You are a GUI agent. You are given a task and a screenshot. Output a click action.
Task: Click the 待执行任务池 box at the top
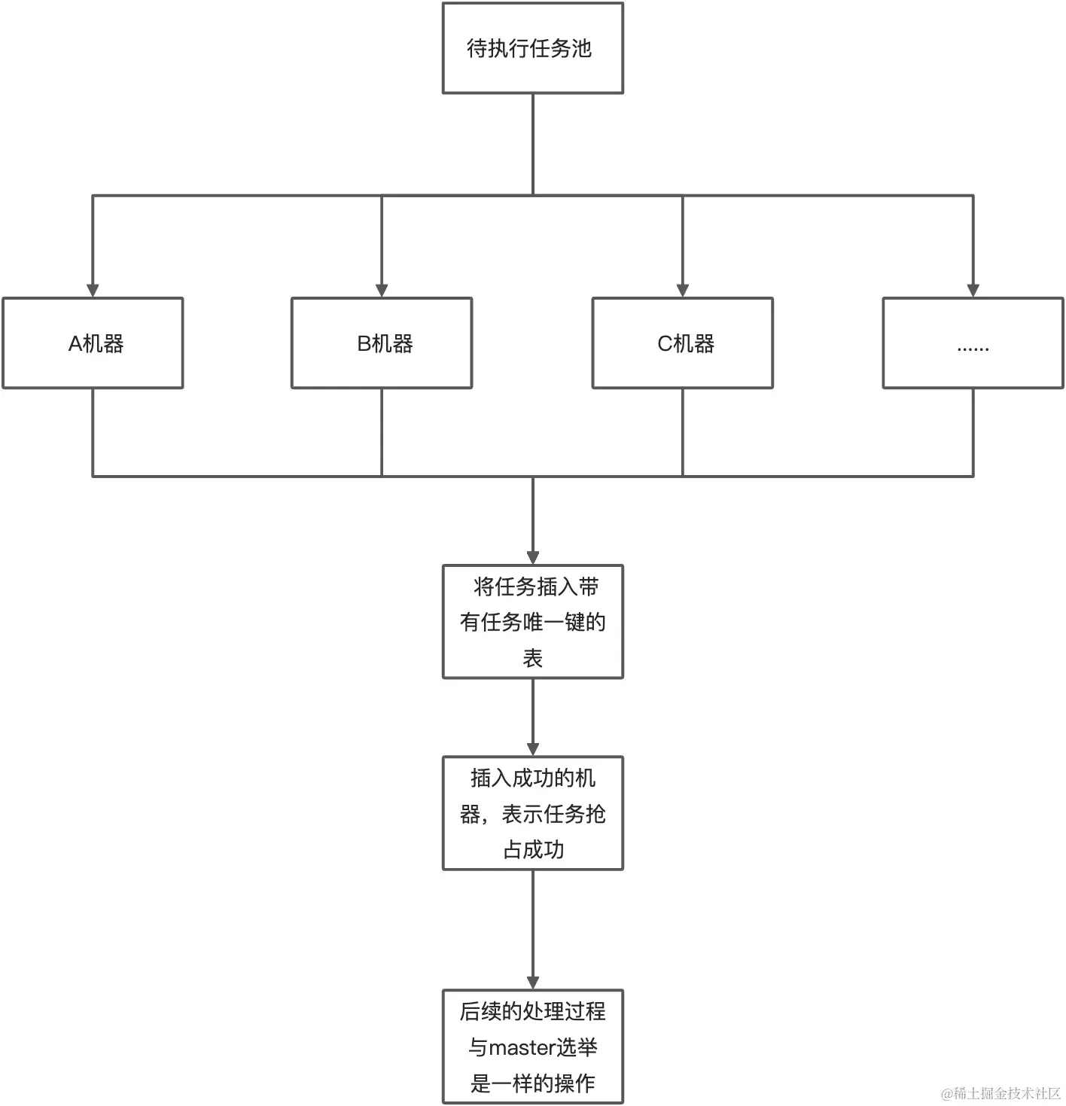532,48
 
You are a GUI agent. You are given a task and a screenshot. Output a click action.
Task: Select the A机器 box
93,343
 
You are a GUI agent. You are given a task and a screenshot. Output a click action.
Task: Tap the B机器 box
382,343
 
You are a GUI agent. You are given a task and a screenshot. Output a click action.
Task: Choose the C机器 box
682,343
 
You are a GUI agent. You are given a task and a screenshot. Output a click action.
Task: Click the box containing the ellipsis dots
973,343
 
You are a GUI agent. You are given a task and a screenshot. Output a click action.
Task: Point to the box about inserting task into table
532,622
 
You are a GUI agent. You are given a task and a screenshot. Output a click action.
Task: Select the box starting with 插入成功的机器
532,813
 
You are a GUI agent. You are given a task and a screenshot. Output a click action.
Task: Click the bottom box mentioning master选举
532,1047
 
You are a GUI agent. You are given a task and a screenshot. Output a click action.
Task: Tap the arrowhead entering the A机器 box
93,291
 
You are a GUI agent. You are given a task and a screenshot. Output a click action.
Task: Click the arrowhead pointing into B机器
382,291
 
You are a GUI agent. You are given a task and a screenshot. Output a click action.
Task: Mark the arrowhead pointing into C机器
683,291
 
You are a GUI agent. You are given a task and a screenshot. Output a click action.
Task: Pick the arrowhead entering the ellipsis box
973,291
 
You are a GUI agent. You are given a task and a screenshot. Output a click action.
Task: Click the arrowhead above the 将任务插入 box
533,558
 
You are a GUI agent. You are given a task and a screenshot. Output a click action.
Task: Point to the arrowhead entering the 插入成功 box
533,749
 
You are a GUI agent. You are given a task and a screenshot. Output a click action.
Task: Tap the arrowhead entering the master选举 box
533,983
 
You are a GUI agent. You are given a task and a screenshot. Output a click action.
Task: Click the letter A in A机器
75,344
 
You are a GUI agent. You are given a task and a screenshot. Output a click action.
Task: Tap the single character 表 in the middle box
532,658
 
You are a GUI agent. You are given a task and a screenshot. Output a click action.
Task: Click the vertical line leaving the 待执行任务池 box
533,143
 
